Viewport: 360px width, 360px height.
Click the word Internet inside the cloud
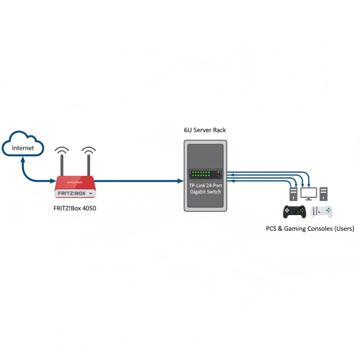tap(23, 148)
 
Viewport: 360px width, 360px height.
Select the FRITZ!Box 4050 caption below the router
tap(75, 208)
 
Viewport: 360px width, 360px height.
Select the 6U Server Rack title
tap(205, 130)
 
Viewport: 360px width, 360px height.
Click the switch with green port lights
tap(205, 174)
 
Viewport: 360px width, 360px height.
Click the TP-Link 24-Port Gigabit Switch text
tap(205, 189)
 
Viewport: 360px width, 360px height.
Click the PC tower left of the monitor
tap(293, 194)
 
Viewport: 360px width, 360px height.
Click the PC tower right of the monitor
tap(324, 194)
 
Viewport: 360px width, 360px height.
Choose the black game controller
tap(294, 212)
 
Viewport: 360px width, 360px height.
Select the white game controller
tap(322, 211)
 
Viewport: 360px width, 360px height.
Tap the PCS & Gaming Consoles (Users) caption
tap(310, 229)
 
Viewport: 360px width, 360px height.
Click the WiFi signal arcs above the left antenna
tap(62, 150)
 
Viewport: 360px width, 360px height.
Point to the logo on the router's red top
tap(75, 182)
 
